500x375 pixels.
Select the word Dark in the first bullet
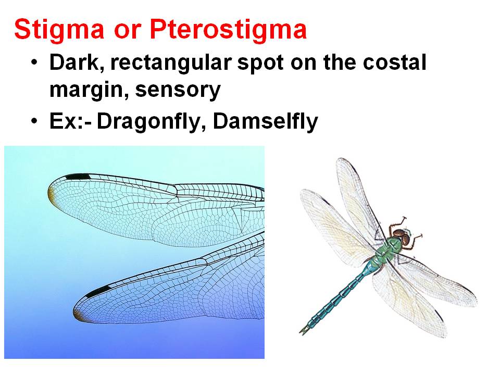point(75,64)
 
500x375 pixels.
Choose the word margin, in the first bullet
point(88,91)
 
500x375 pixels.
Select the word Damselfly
point(265,122)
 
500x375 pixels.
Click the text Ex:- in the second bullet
point(69,122)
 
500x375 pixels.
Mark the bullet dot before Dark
point(34,64)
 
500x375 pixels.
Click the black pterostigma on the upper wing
point(78,177)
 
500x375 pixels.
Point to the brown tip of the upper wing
point(52,196)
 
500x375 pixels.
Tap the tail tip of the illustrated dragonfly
point(303,330)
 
